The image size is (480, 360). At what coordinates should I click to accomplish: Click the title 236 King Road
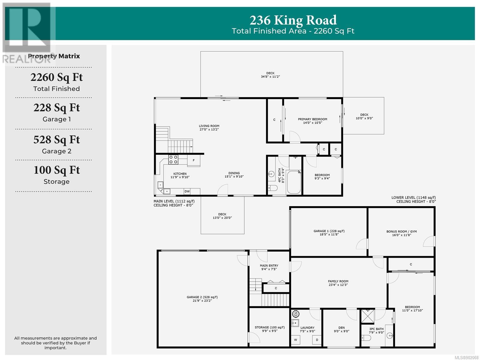pyautogui.click(x=293, y=20)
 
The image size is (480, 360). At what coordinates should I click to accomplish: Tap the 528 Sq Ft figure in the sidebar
pyautogui.click(x=57, y=139)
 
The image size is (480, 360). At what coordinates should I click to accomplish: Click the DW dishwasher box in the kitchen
pyautogui.click(x=187, y=191)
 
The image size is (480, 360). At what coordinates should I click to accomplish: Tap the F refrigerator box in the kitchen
pyautogui.click(x=193, y=161)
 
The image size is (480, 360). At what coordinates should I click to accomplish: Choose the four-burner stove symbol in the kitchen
pyautogui.click(x=173, y=160)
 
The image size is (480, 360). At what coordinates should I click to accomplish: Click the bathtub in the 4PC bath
pyautogui.click(x=294, y=182)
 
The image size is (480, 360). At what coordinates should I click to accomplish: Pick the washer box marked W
pyautogui.click(x=295, y=340)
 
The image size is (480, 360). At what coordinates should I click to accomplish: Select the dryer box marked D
pyautogui.click(x=317, y=340)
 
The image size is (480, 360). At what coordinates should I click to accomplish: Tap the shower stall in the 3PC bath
pyautogui.click(x=367, y=316)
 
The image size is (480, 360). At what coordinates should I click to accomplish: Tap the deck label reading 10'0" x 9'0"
pyautogui.click(x=364, y=118)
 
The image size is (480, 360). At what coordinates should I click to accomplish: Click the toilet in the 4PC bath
pyautogui.click(x=273, y=188)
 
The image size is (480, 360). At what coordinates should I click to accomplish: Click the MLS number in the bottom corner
pyautogui.click(x=467, y=358)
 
